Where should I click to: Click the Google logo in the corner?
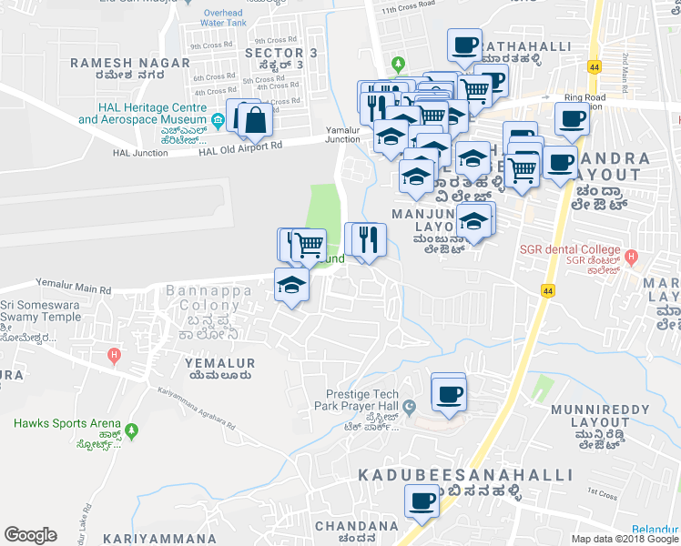pyautogui.click(x=30, y=535)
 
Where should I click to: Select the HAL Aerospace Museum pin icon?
pyautogui.click(x=218, y=120)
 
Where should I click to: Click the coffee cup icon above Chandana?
pyautogui.click(x=421, y=500)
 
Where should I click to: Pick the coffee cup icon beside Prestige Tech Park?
pyautogui.click(x=450, y=395)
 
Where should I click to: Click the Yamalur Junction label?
pyautogui.click(x=342, y=135)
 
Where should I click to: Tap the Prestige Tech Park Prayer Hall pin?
pyautogui.click(x=410, y=406)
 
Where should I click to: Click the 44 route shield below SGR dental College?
pyautogui.click(x=547, y=290)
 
